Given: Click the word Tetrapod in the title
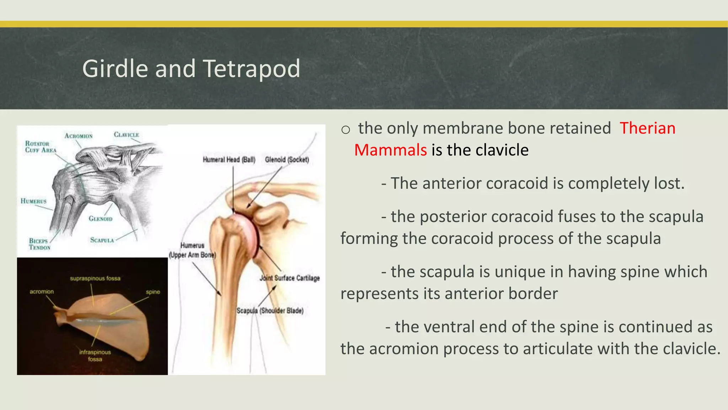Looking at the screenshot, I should coord(252,69).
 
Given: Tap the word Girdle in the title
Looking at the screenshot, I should coord(115,69).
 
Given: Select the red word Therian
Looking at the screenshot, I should coord(647,128).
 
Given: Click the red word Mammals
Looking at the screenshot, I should coord(390,150).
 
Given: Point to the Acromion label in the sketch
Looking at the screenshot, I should coord(79,136).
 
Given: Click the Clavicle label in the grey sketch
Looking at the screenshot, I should coord(126,135).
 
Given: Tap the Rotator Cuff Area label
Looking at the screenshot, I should coord(40,147).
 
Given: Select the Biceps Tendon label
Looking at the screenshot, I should coord(39,244).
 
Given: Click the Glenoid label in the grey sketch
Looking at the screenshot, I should coord(101,219).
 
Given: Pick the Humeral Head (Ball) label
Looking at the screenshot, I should coord(229,159).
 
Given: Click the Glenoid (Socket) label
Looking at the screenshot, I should coord(287,159).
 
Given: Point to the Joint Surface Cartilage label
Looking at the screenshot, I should coord(289,278).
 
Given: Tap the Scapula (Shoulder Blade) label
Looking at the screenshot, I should coord(270,311).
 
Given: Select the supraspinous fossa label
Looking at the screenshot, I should coord(95,278).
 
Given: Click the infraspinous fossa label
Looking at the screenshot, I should coord(95,355).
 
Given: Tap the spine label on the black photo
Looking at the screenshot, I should coord(153,292).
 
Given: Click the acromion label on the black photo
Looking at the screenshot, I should coord(42,291).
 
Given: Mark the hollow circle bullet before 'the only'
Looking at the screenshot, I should coord(346,130).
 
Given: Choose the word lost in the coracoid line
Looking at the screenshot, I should coord(668,184).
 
